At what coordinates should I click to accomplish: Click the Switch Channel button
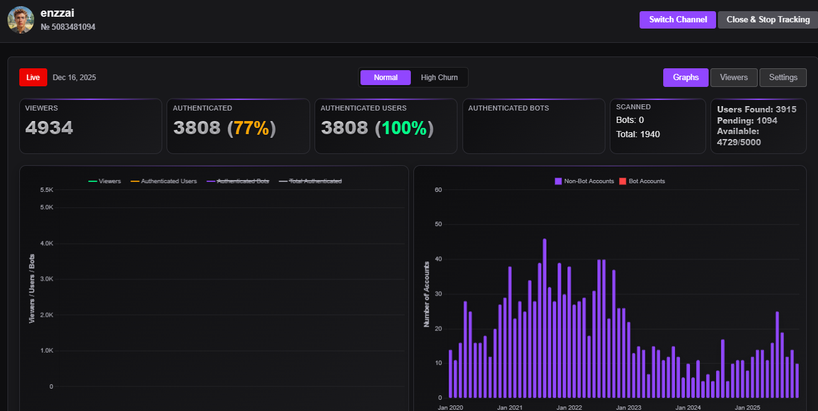coord(678,19)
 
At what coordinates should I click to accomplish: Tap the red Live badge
coord(33,78)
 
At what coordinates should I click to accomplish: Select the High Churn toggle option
coord(439,78)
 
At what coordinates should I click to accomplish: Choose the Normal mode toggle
coord(385,78)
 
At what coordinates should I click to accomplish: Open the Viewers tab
coord(733,78)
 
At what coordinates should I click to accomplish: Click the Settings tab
coord(783,78)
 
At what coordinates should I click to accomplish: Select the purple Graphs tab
coord(686,78)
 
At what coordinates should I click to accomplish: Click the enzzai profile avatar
coord(21,20)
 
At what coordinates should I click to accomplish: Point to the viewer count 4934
coord(49,128)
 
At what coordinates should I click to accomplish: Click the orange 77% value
coord(252,128)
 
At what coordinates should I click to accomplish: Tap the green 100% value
coord(404,128)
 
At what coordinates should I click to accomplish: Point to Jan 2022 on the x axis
coord(569,407)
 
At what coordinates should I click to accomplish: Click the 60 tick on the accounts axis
coord(438,190)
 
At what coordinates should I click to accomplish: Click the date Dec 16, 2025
coord(75,78)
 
